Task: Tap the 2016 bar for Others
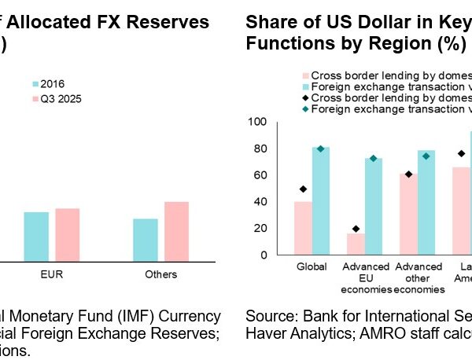pyautogui.click(x=146, y=239)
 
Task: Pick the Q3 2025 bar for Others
pyautogui.click(x=177, y=231)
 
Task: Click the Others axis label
pyautogui.click(x=161, y=274)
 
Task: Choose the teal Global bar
pyautogui.click(x=320, y=200)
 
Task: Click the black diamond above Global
pyautogui.click(x=303, y=189)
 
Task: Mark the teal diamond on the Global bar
pyautogui.click(x=320, y=149)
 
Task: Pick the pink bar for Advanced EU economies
pyautogui.click(x=356, y=244)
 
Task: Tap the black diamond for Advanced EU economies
pyautogui.click(x=356, y=229)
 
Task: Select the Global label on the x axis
pyautogui.click(x=312, y=267)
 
